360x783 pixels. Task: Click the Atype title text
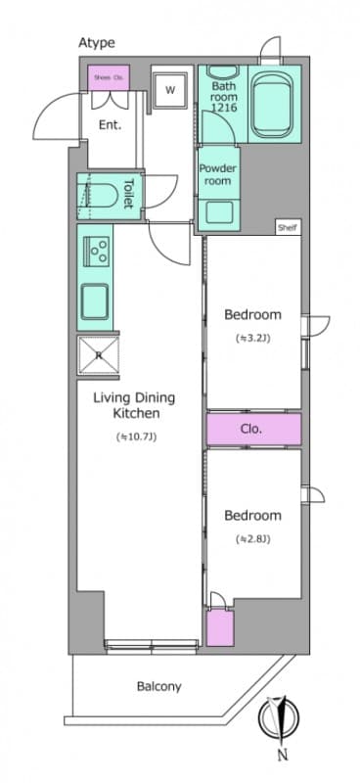coord(97,43)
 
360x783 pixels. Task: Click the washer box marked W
coord(169,91)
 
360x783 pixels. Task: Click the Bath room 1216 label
coord(223,99)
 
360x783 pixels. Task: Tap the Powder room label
coord(219,173)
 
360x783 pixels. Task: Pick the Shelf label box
coord(287,227)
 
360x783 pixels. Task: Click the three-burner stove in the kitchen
coord(98,253)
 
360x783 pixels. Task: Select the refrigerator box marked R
coord(98,355)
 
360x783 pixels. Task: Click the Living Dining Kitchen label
coord(133,405)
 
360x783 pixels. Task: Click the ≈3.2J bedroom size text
coord(252,340)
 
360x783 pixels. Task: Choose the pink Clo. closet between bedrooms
coord(252,429)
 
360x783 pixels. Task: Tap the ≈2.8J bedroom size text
coord(252,539)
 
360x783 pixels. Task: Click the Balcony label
coord(157,687)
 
